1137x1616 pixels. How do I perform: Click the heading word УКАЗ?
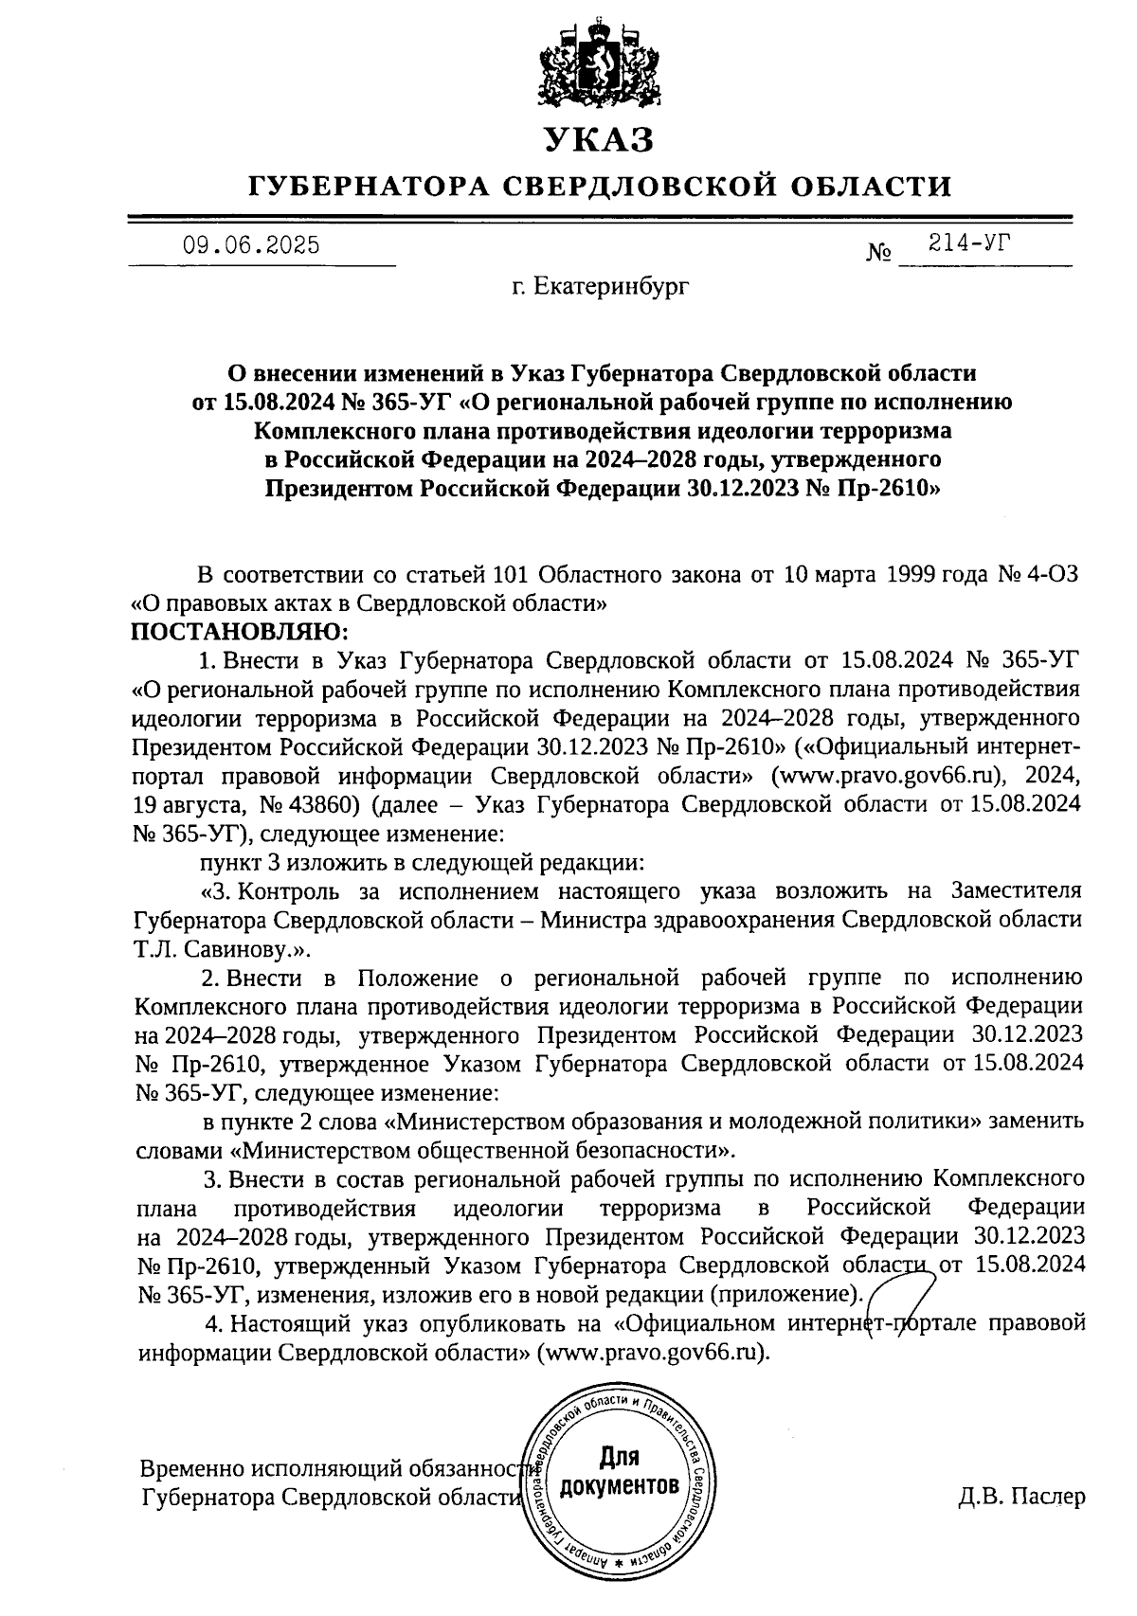point(598,139)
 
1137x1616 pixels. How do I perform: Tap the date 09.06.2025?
point(251,246)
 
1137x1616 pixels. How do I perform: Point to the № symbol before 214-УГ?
point(878,254)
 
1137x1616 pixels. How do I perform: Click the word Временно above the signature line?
point(190,1469)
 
